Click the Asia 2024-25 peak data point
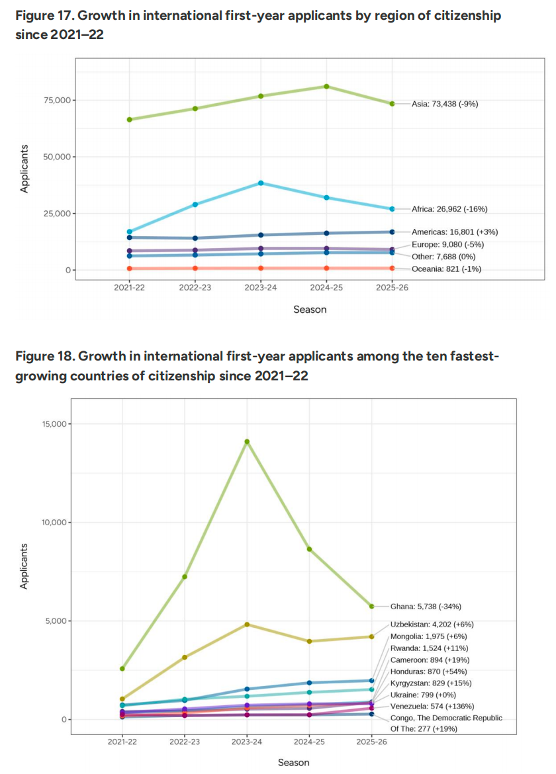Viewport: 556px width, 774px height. click(326, 87)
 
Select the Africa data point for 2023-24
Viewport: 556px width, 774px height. click(261, 183)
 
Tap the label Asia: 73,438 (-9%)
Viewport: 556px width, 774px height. click(444, 104)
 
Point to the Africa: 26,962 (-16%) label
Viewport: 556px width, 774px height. click(449, 209)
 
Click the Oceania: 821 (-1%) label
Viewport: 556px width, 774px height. click(446, 268)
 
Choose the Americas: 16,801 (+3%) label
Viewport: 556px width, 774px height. click(454, 232)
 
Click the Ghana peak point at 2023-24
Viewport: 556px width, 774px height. click(247, 442)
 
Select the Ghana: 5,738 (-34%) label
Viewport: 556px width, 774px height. click(426, 606)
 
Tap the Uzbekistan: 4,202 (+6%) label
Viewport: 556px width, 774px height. click(432, 624)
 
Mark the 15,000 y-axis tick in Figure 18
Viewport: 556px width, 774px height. click(51, 424)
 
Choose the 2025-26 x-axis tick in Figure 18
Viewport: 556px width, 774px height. click(372, 742)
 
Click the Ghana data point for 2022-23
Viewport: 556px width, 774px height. click(185, 577)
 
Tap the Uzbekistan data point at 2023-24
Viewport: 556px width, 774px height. click(247, 624)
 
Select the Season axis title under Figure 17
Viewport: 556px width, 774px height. click(310, 309)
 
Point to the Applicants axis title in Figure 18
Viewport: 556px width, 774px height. click(24, 566)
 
